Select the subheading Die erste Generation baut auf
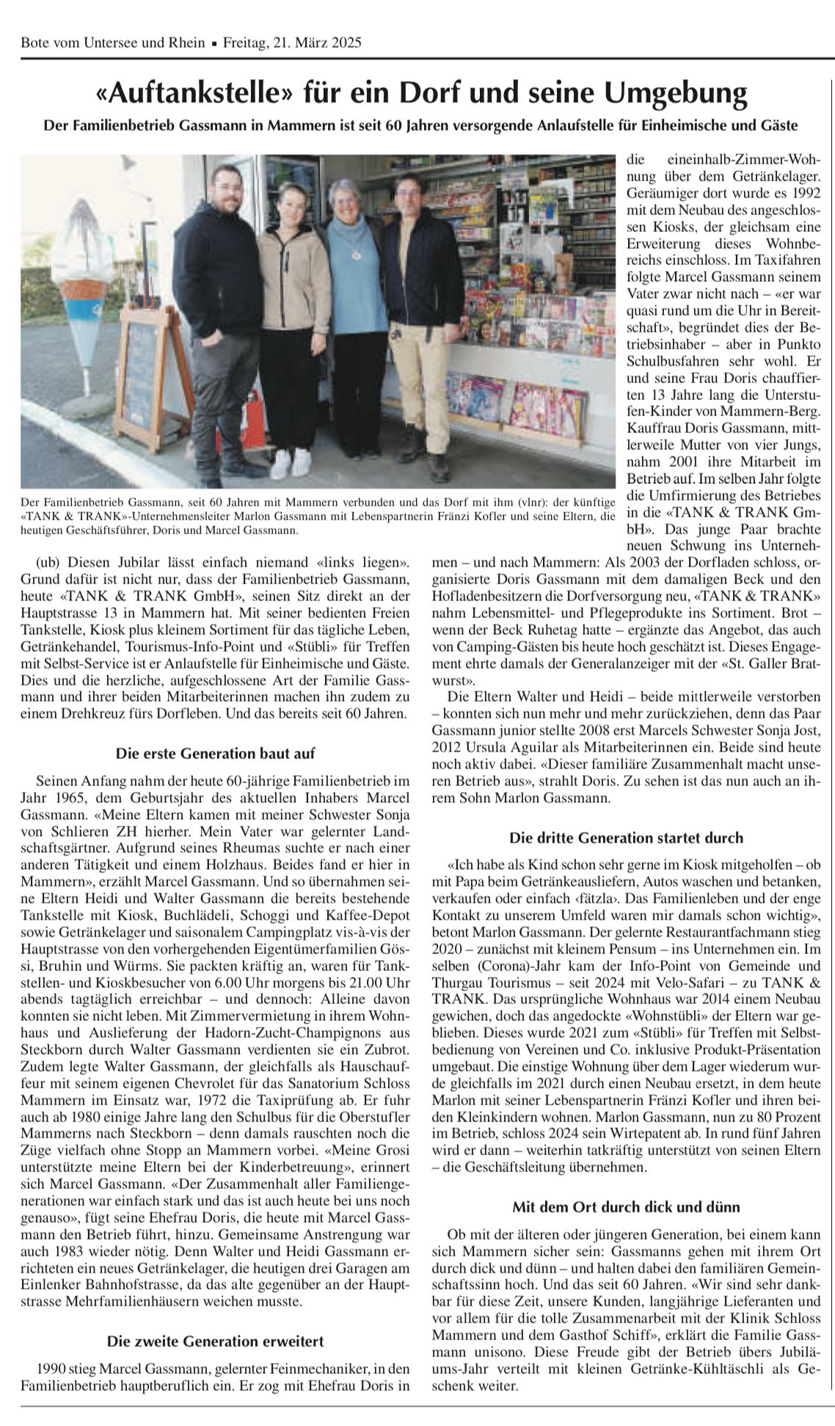pos(215,753)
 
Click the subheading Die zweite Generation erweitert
pos(215,1342)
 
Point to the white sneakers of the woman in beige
pos(291,462)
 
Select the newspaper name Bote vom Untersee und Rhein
pos(113,43)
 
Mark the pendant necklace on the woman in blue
pos(357,252)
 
